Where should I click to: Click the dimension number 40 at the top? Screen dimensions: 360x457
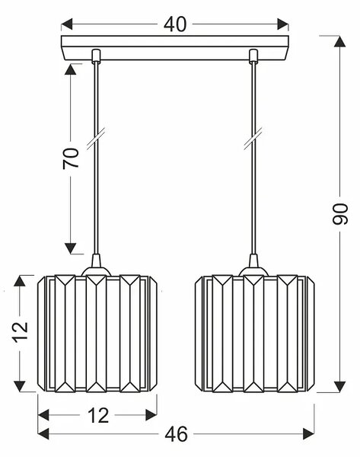(x=175, y=24)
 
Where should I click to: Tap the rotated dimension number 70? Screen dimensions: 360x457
(x=71, y=158)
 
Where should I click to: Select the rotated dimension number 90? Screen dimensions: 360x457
(x=340, y=214)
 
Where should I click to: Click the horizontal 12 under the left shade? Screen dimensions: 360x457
(x=98, y=415)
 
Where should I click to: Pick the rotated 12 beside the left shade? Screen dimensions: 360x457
(x=20, y=332)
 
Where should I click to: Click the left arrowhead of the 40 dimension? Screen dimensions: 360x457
(x=67, y=24)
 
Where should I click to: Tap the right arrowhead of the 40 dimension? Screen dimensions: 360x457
(x=283, y=24)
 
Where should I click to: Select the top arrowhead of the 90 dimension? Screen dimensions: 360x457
(x=340, y=41)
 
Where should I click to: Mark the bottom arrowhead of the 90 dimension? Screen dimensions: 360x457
(x=340, y=387)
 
